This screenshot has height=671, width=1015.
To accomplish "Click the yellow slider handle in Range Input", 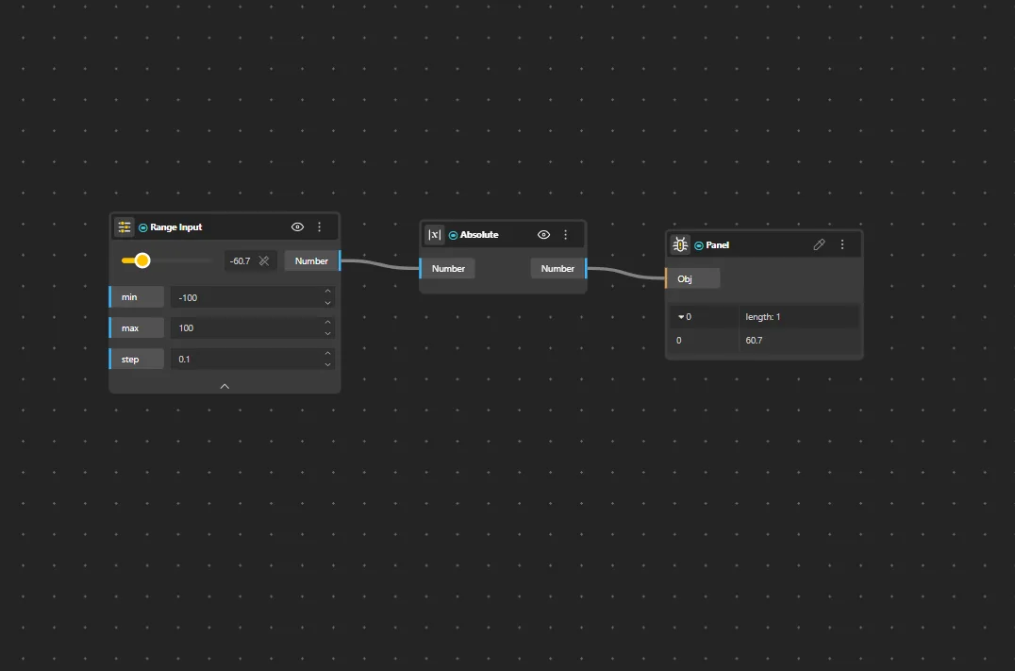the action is pyautogui.click(x=142, y=260).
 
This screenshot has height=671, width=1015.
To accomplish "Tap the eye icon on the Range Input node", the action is pyautogui.click(x=297, y=226).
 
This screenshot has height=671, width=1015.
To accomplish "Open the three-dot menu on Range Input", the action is pyautogui.click(x=319, y=226).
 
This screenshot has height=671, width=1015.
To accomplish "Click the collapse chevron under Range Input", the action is pyautogui.click(x=225, y=386).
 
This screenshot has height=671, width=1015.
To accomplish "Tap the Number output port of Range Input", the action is pyautogui.click(x=312, y=260).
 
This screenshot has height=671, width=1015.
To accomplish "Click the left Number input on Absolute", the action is pyautogui.click(x=447, y=268).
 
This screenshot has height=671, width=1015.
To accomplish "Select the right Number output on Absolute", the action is pyautogui.click(x=558, y=268).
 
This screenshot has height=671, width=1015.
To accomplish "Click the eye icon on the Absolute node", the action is pyautogui.click(x=543, y=234).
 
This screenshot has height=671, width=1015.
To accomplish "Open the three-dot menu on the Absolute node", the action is pyautogui.click(x=566, y=234).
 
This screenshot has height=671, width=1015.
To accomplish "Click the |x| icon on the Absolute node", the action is pyautogui.click(x=434, y=234).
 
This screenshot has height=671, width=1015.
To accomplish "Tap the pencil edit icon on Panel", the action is pyautogui.click(x=819, y=244).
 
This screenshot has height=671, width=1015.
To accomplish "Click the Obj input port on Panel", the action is pyautogui.click(x=692, y=278).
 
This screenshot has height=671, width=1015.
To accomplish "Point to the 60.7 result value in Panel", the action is pyautogui.click(x=754, y=340).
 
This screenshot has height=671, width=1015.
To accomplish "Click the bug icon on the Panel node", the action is pyautogui.click(x=680, y=244).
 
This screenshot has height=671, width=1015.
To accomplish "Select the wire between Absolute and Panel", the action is pyautogui.click(x=626, y=273).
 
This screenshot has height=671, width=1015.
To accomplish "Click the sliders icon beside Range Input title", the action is pyautogui.click(x=124, y=226).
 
